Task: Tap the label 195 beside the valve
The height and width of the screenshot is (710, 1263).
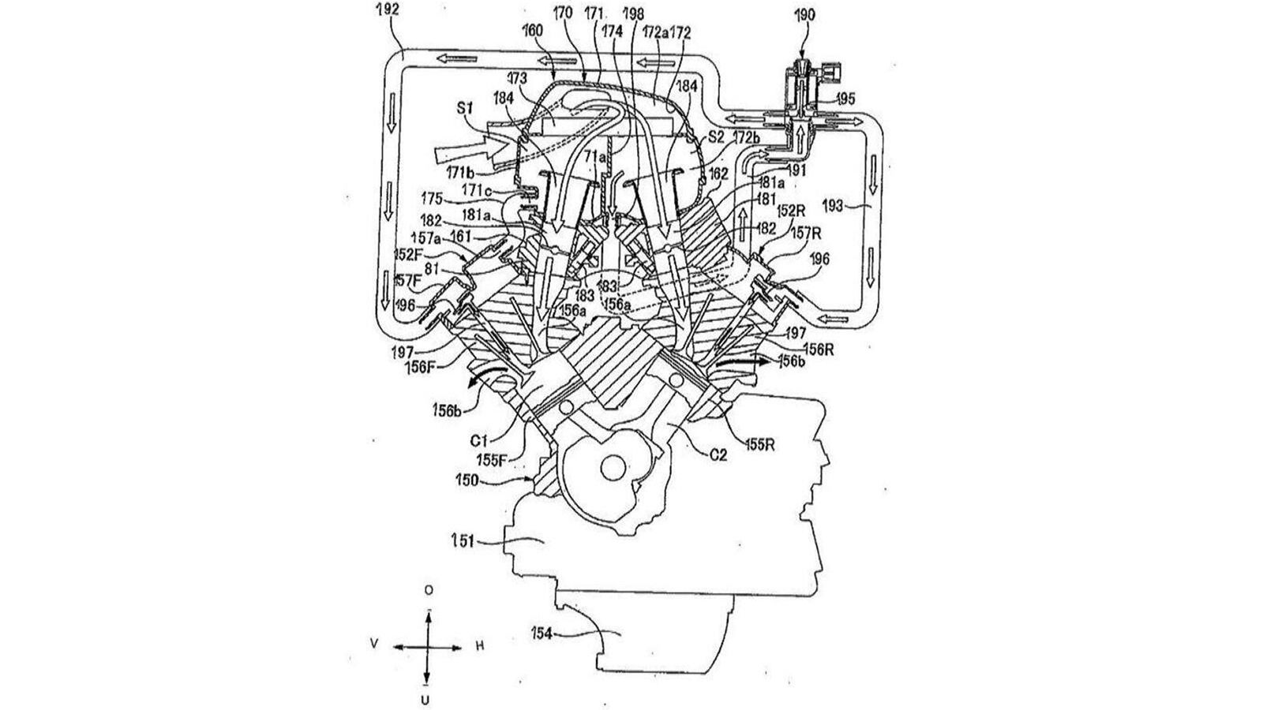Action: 845,100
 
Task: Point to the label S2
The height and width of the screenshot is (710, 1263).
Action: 716,136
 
